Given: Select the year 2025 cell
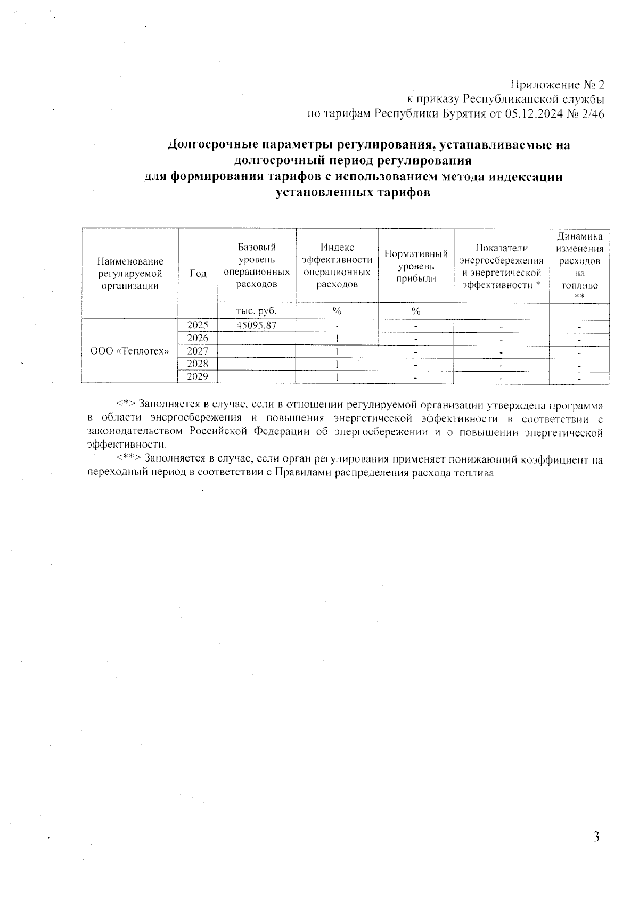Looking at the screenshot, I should click(x=198, y=325).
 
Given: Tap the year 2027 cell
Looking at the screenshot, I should click(x=198, y=351).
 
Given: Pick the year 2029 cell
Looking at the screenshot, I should click(x=198, y=376).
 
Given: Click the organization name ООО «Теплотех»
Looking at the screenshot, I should click(x=130, y=351).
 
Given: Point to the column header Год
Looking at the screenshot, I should click(x=198, y=273).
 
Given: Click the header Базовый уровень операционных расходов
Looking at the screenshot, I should click(x=257, y=266).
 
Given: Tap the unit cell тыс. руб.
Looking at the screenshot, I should click(x=257, y=311).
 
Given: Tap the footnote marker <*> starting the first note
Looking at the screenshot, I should click(x=126, y=405).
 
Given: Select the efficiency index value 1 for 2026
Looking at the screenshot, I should click(x=337, y=338).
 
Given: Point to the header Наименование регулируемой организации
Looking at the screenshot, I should click(x=130, y=273).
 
